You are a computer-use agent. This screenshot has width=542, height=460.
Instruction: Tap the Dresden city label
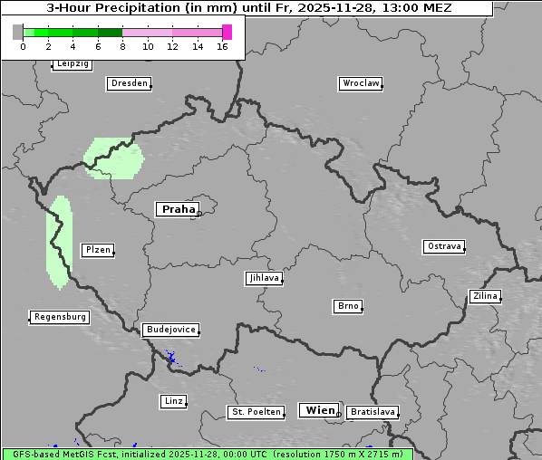(x=129, y=83)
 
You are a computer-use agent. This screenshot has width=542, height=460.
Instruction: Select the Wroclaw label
(x=361, y=83)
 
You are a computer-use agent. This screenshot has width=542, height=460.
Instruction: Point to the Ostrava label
(x=444, y=246)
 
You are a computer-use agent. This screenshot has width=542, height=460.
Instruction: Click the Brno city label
(x=348, y=306)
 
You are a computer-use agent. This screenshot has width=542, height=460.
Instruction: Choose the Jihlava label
(x=264, y=278)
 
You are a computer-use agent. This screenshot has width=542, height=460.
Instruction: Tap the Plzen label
(x=97, y=250)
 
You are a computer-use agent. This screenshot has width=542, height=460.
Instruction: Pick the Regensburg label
(x=60, y=317)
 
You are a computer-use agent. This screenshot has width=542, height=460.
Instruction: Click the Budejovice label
(x=170, y=330)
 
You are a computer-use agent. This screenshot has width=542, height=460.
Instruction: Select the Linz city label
(x=173, y=400)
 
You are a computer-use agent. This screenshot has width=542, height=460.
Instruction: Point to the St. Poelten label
(x=256, y=412)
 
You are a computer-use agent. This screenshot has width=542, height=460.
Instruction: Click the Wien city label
(x=320, y=410)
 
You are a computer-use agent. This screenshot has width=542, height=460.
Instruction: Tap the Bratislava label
(x=373, y=412)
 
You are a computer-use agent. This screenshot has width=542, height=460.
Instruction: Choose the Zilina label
(x=484, y=296)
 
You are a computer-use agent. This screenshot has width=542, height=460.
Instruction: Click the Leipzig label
(x=73, y=64)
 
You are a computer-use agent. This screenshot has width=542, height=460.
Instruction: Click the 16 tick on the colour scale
(x=223, y=45)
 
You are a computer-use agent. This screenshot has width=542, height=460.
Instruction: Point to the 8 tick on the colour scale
(x=122, y=45)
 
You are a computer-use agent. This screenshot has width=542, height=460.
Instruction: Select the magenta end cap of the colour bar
(x=227, y=32)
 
